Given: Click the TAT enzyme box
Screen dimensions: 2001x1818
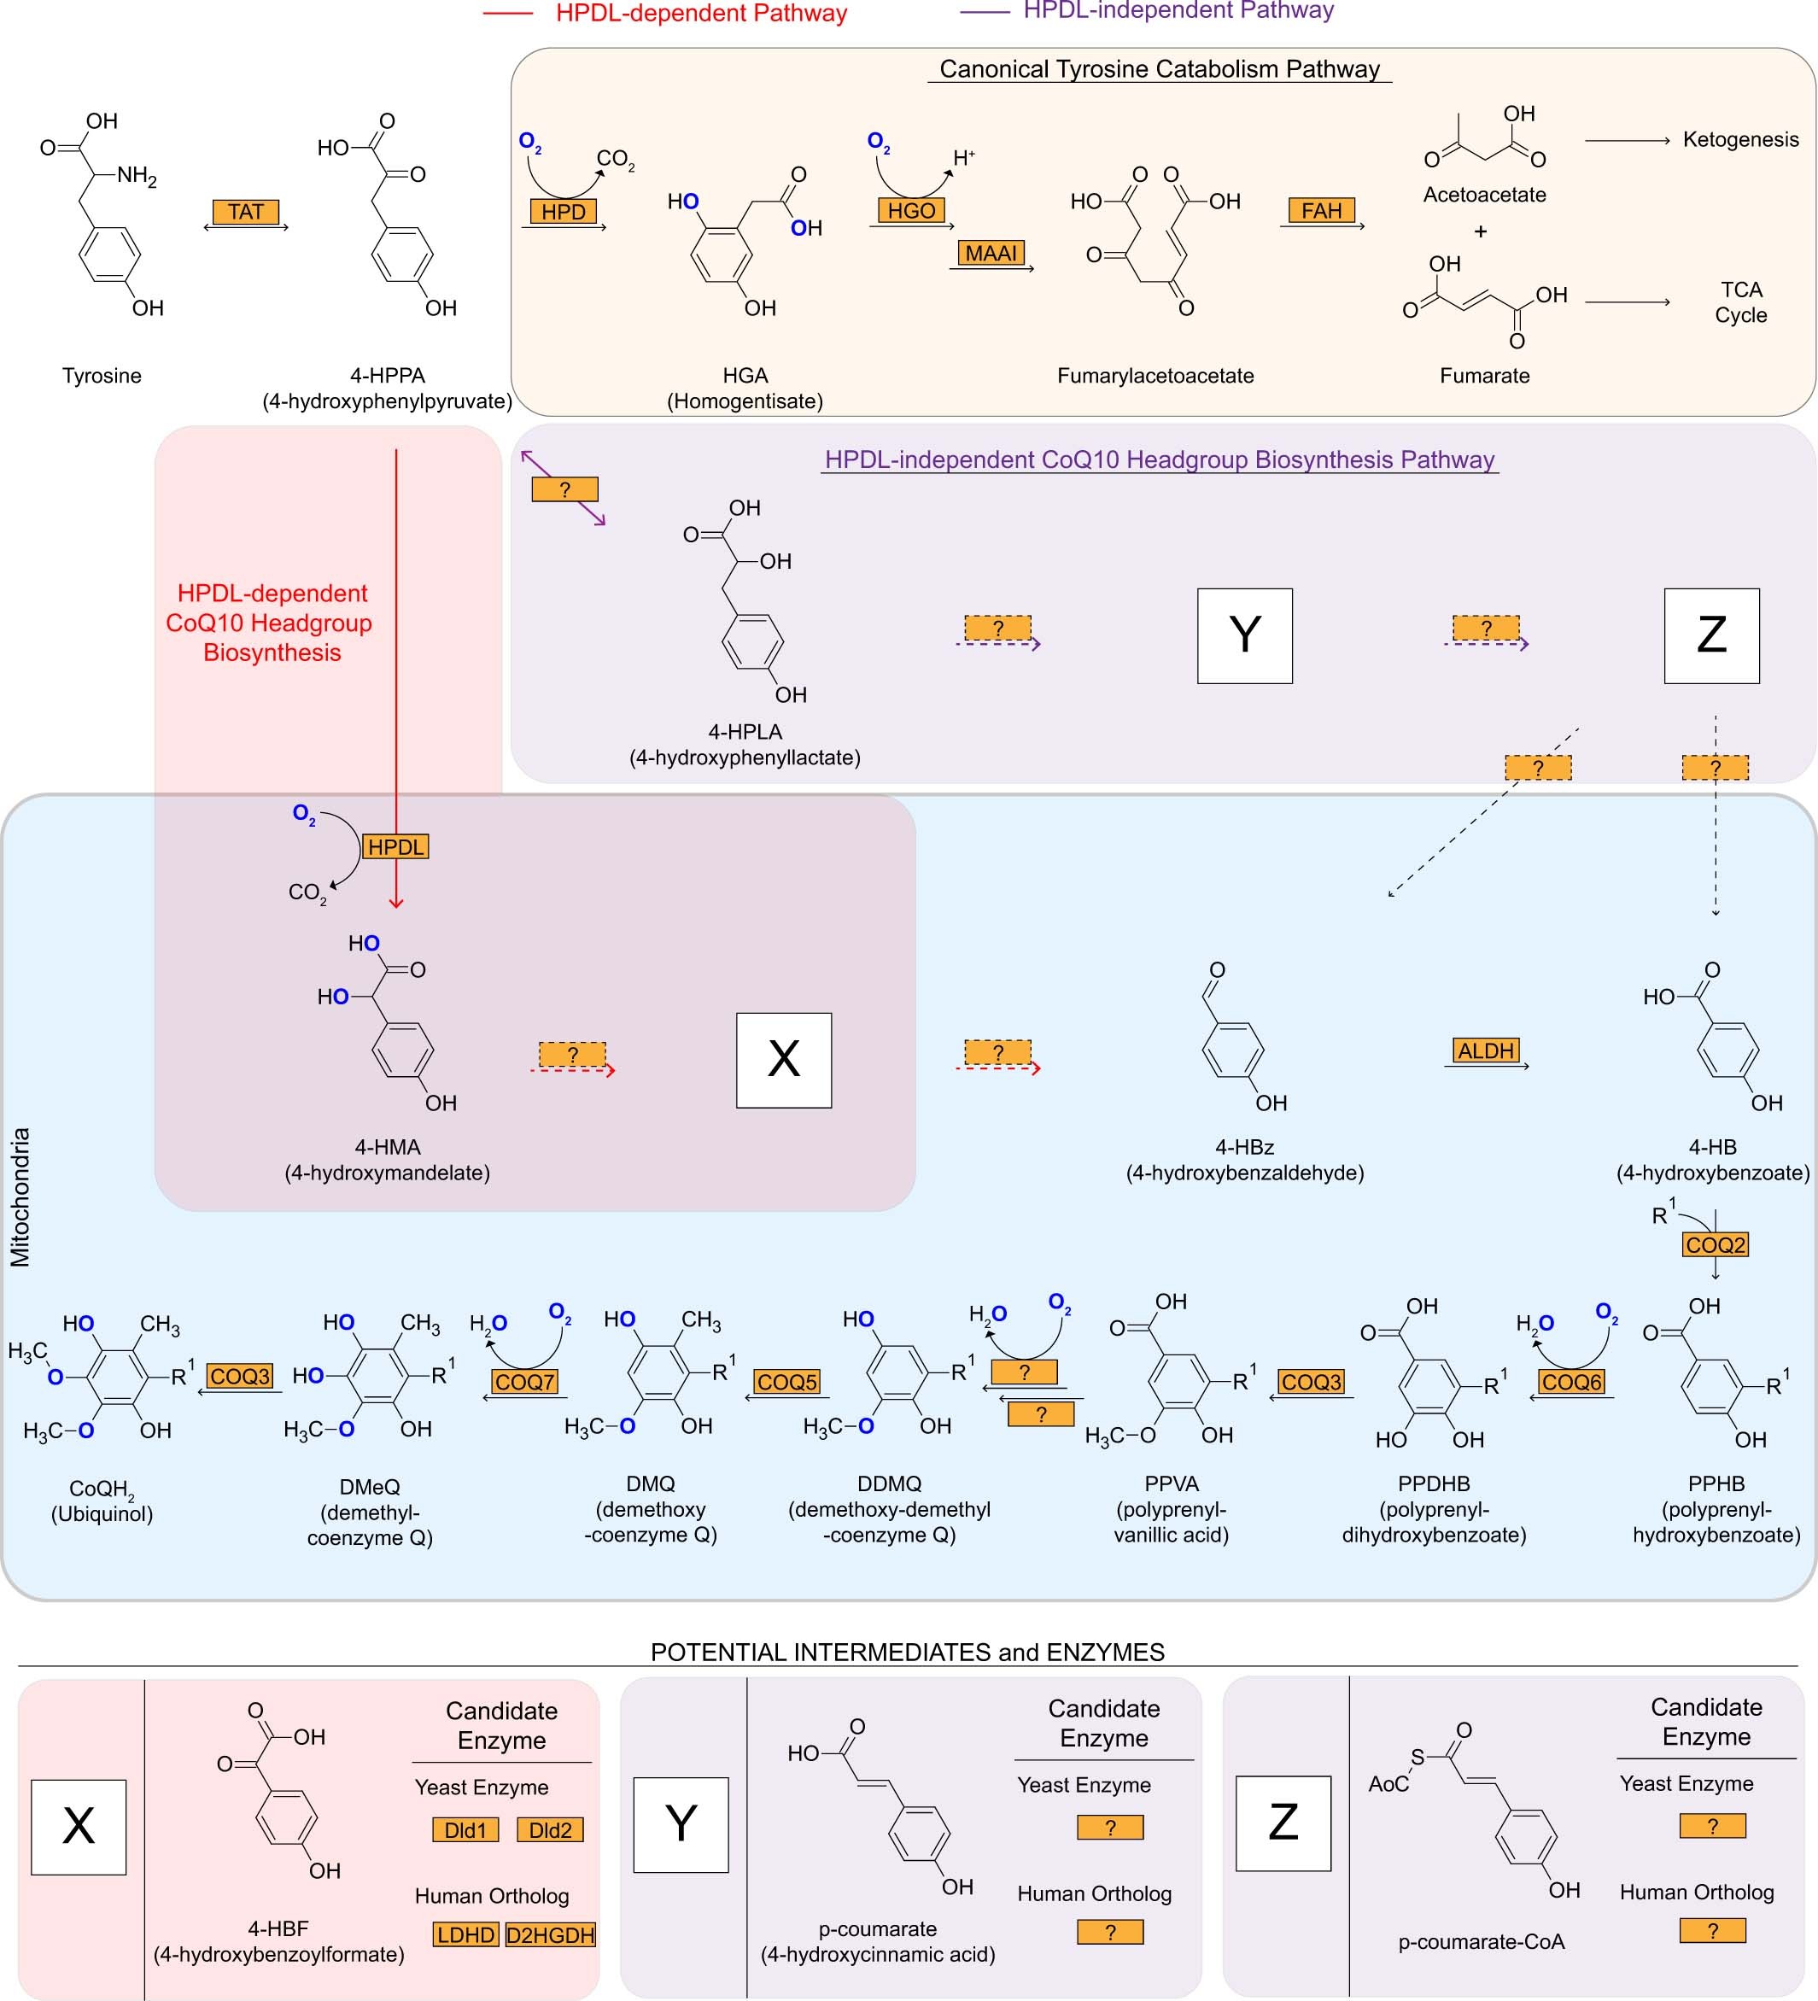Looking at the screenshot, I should coord(245,212).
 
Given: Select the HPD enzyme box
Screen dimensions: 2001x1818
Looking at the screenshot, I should coord(563,212).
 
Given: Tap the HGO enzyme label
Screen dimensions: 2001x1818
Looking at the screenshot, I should coord(911,210).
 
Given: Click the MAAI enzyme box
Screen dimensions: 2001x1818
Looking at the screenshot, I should coord(991,253).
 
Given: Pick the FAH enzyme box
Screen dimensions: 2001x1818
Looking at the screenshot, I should coord(1321,210).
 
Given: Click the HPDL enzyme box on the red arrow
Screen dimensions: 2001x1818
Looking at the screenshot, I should coord(395,846).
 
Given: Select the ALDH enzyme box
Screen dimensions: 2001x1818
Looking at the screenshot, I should coord(1486,1050).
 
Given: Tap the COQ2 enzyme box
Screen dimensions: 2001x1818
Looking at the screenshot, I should coord(1715,1244).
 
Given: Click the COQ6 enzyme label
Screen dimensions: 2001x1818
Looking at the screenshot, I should coord(1571,1382).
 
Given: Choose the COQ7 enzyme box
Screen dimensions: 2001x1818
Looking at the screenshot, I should coord(524,1382).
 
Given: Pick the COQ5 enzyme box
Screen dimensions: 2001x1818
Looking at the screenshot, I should coord(787,1382).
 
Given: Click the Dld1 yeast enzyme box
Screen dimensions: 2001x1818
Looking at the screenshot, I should coord(465,1829).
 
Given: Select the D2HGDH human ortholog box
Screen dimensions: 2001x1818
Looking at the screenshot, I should coord(550,1934).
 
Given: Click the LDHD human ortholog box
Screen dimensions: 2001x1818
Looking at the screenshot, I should coord(465,1934).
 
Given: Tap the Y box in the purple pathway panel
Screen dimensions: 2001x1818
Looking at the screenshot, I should coord(1244,635).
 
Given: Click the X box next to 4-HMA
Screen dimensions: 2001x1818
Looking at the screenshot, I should coord(783,1060).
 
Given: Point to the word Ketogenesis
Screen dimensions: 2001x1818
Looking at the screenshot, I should coord(1739,139).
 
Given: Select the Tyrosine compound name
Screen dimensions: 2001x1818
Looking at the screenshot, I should coord(102,375).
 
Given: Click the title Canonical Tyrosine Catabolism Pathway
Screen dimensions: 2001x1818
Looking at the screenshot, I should coord(1159,68).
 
